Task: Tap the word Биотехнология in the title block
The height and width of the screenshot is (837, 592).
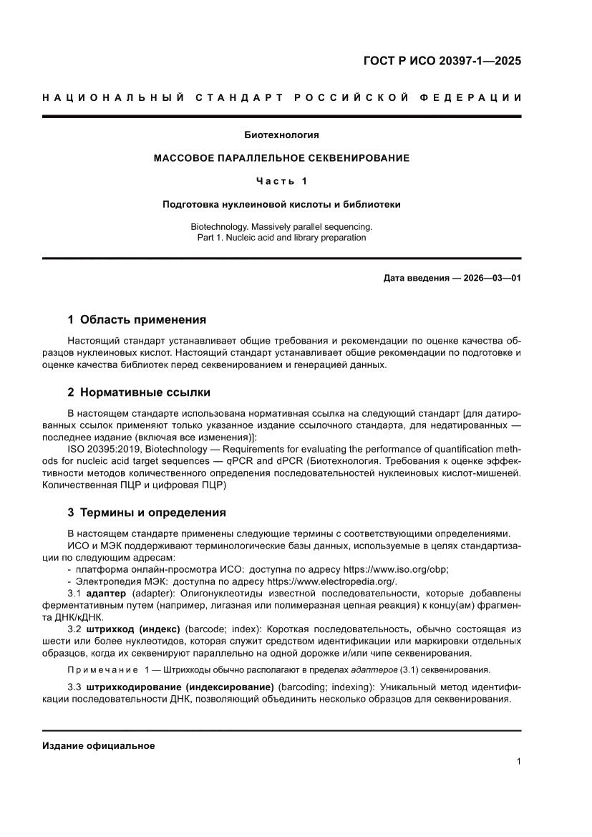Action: click(281, 135)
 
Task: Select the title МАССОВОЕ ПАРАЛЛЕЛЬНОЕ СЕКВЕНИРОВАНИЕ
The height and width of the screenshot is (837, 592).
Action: click(281, 158)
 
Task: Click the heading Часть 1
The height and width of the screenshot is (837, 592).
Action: click(281, 180)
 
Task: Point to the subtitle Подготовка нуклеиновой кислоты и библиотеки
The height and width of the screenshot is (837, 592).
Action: click(281, 204)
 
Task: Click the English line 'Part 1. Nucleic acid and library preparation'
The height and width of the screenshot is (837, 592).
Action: click(281, 237)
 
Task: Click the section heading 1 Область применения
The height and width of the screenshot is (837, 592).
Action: click(136, 319)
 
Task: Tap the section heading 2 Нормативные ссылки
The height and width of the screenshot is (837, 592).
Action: click(138, 392)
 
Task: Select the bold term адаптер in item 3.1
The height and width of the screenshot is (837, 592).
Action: click(106, 594)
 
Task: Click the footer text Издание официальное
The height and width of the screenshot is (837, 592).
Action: click(99, 745)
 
